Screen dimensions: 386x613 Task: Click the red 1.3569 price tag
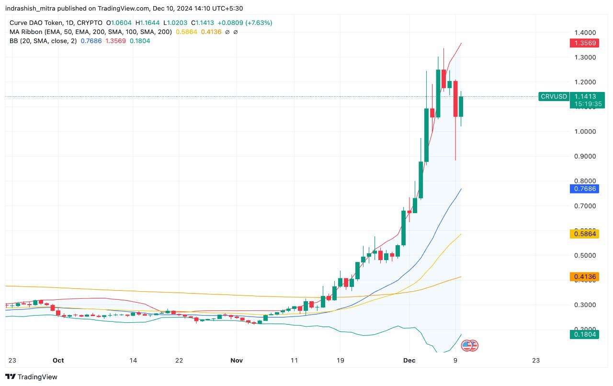pyautogui.click(x=583, y=43)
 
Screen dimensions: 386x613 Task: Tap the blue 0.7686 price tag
pyautogui.click(x=583, y=189)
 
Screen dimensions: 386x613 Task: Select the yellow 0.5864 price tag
pyautogui.click(x=583, y=234)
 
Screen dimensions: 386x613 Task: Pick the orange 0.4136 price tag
pyautogui.click(x=583, y=276)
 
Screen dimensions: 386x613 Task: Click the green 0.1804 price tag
pyautogui.click(x=583, y=334)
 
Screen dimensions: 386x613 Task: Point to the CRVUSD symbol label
pyautogui.click(x=554, y=96)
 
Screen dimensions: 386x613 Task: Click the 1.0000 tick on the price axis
pyautogui.click(x=585, y=132)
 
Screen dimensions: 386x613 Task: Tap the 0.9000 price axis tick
pyautogui.click(x=585, y=156)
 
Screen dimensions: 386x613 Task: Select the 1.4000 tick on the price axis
pyautogui.click(x=585, y=33)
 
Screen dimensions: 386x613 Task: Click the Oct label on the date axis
pyautogui.click(x=58, y=360)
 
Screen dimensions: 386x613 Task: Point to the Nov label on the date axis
pyautogui.click(x=237, y=360)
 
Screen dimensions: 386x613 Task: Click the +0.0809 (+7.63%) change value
pyautogui.click(x=244, y=23)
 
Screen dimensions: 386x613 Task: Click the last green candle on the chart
pyautogui.click(x=461, y=106)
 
